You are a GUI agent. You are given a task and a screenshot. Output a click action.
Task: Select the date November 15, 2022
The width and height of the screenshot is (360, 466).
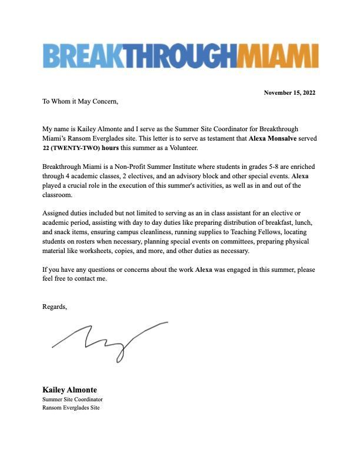pyautogui.click(x=290, y=93)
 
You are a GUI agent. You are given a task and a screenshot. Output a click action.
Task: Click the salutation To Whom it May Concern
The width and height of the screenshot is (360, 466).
pyautogui.click(x=80, y=101)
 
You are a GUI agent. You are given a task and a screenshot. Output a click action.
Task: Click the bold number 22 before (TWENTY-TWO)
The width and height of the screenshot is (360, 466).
pyautogui.click(x=46, y=148)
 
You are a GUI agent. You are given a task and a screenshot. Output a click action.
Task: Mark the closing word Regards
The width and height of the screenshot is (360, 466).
pyautogui.click(x=55, y=307)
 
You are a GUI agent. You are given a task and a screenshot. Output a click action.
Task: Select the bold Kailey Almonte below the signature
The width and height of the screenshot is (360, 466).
pyautogui.click(x=69, y=390)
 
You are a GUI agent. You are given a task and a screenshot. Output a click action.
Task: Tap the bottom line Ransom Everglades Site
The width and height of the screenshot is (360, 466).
pyautogui.click(x=71, y=408)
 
